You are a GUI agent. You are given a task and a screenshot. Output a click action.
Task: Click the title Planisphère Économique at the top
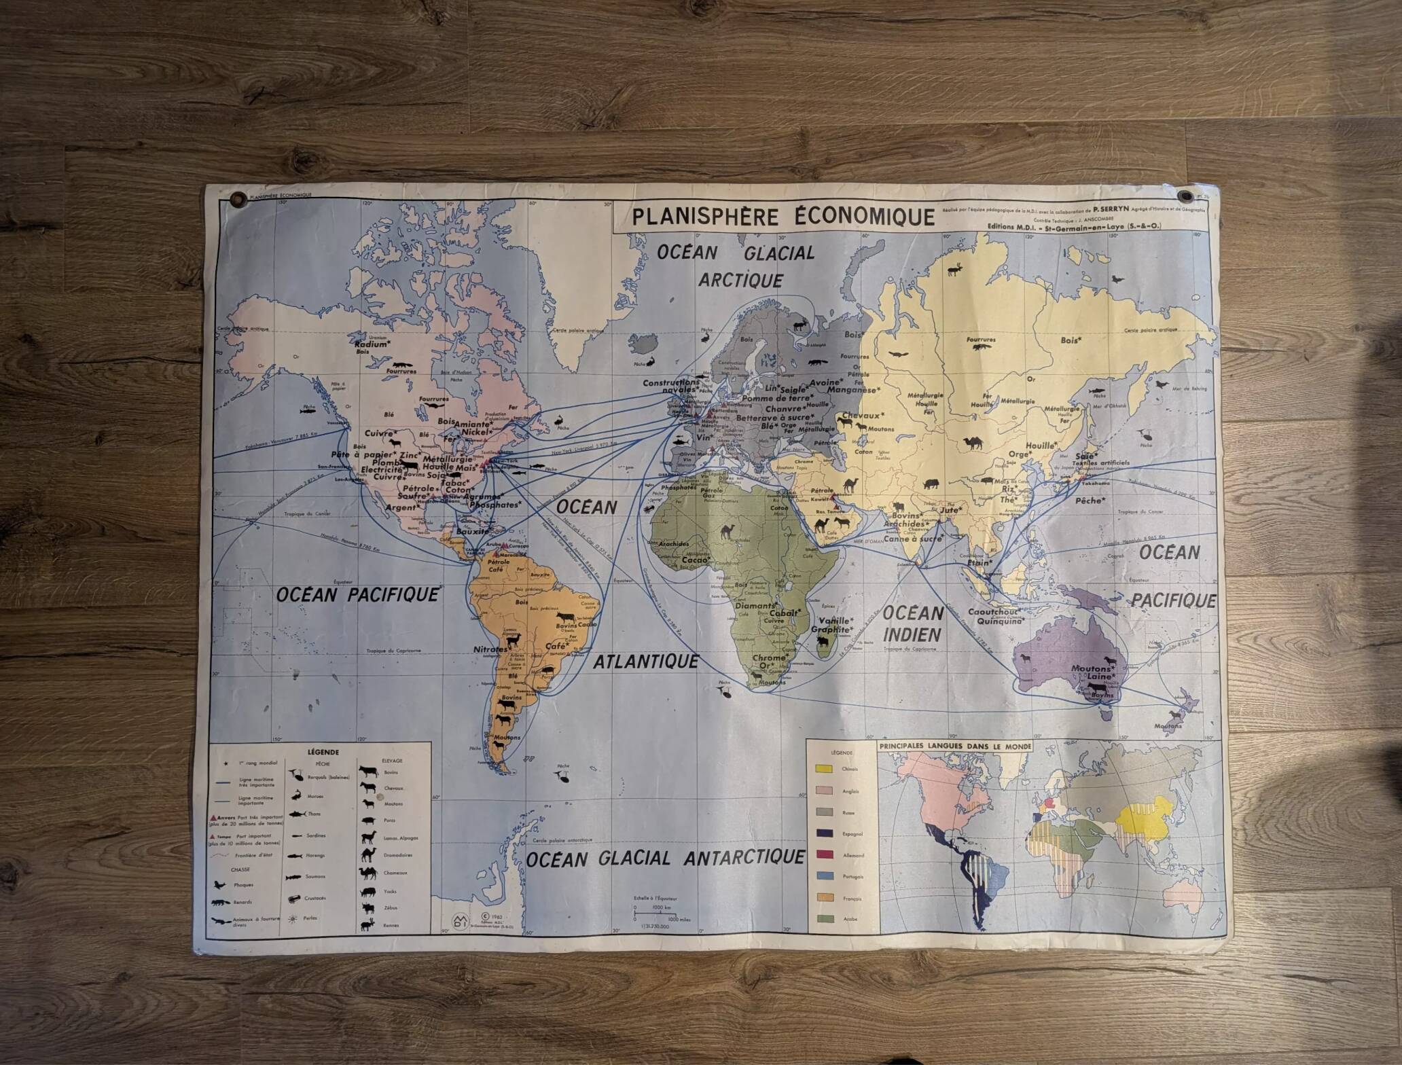coord(783,217)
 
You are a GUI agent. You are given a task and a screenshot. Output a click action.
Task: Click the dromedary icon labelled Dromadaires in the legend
coord(369,854)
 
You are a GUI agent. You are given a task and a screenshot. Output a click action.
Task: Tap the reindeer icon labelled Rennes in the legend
coord(368,924)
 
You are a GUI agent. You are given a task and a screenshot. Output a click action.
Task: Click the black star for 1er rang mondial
coord(225,765)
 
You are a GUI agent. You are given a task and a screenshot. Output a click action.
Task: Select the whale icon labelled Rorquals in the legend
coord(298,775)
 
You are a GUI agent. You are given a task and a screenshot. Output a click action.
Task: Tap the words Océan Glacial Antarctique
coord(665,858)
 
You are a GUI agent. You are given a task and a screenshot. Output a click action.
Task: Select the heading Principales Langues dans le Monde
coord(955,746)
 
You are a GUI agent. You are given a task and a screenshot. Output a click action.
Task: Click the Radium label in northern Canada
coord(373,344)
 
